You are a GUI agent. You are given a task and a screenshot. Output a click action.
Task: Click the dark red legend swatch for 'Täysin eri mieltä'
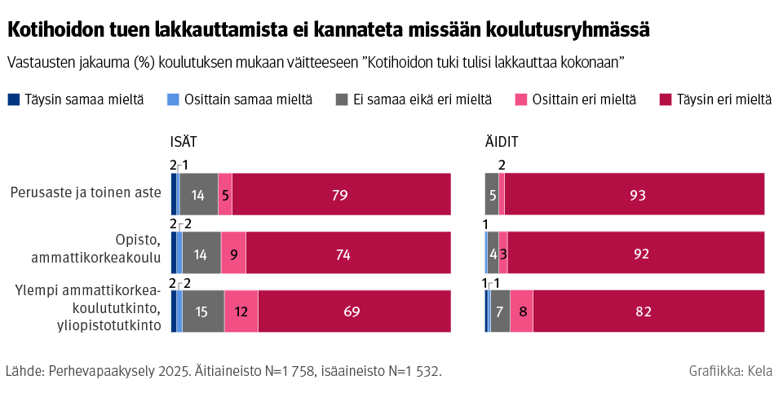(667, 99)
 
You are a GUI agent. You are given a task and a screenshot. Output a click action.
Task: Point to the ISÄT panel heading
(184, 142)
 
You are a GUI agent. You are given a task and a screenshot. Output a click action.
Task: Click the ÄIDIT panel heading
(502, 142)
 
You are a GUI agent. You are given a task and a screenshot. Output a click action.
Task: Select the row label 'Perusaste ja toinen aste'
(86, 193)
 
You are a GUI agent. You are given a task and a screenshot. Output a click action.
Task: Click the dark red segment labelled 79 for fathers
(341, 194)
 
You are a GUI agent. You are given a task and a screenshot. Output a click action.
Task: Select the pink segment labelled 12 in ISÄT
(241, 311)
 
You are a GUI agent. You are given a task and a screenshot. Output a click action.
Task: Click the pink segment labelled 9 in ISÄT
(233, 253)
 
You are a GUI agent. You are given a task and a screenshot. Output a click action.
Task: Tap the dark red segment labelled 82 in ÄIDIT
(648, 311)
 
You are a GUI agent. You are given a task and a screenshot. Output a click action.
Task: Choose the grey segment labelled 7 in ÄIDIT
(500, 311)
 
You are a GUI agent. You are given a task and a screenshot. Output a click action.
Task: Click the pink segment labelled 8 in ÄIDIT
(521, 311)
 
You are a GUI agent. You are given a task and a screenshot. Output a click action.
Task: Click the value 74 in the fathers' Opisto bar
(343, 254)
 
